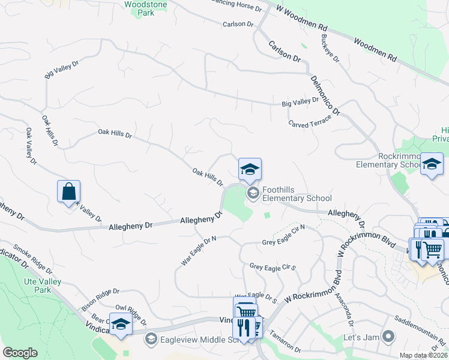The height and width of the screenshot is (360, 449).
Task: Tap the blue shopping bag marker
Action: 69,191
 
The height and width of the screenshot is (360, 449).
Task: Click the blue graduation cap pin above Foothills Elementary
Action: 250,169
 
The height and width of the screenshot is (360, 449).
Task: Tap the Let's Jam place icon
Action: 388,336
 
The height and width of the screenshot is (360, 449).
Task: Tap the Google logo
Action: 20,353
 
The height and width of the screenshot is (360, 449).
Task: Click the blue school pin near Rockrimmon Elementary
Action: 432,164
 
